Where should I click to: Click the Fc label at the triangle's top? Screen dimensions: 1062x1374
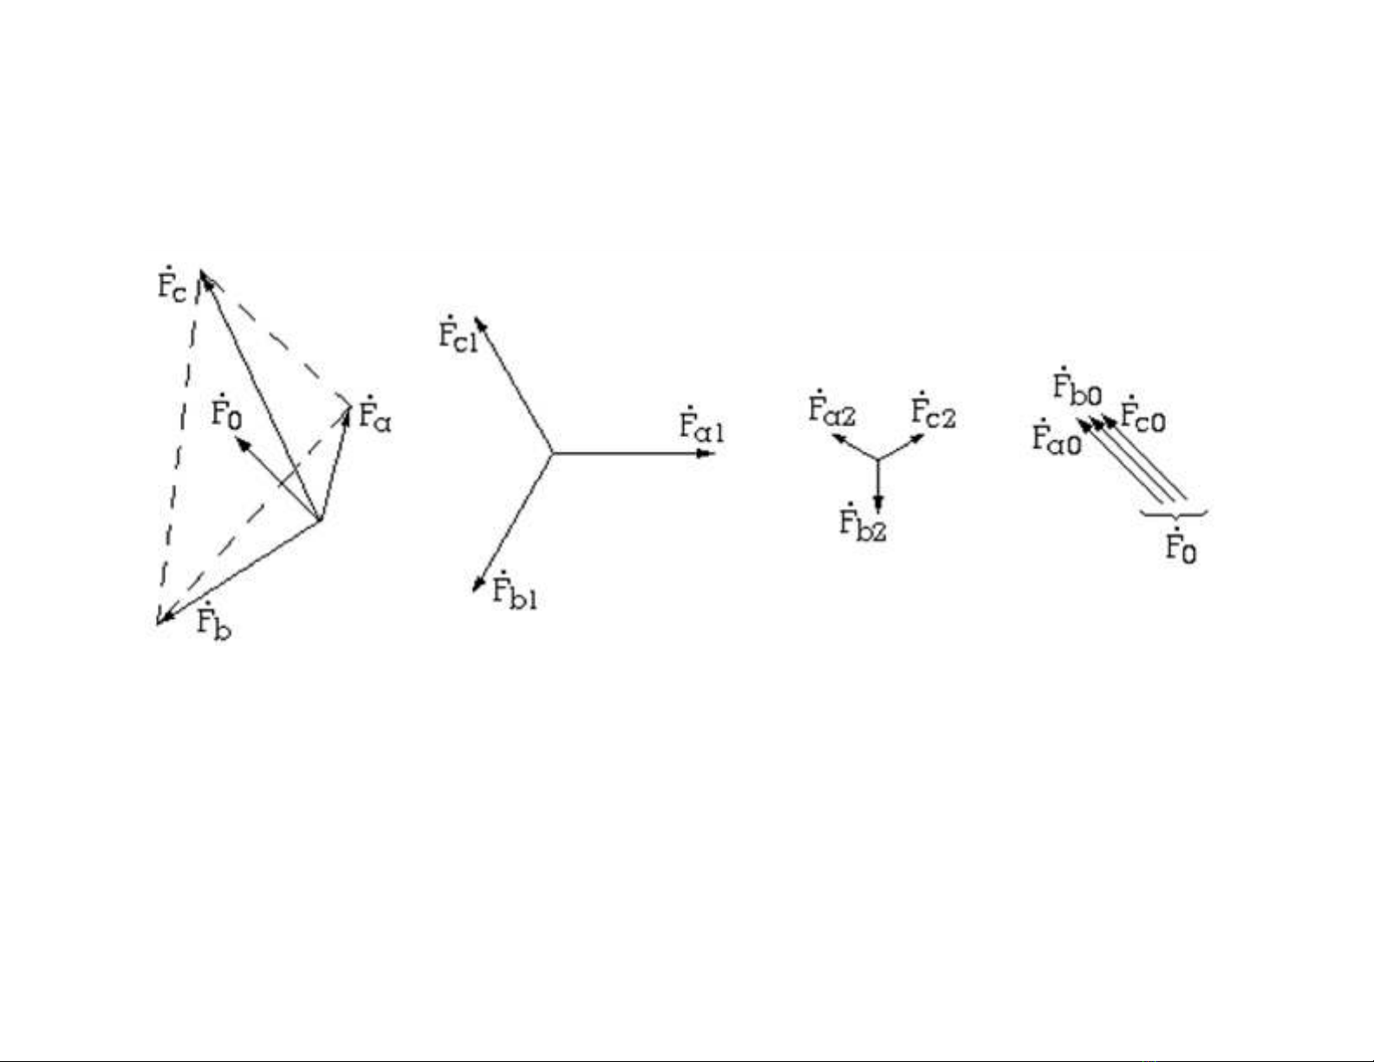click(172, 285)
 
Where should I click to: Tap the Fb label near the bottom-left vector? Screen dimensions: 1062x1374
click(213, 622)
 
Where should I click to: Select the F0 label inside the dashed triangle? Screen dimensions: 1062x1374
click(226, 414)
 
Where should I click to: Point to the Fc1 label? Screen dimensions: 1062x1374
click(457, 335)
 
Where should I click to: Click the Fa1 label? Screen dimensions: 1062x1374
click(701, 427)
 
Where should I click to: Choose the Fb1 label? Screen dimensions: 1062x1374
click(514, 593)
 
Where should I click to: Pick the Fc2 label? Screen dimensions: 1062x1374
click(933, 414)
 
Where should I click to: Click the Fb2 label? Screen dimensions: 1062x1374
click(863, 524)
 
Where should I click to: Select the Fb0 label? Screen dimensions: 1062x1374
click(1077, 388)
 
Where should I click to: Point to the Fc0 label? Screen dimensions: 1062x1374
click(1143, 417)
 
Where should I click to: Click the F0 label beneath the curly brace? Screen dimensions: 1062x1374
click(1180, 546)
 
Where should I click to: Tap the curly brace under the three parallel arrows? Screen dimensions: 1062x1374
click(1175, 515)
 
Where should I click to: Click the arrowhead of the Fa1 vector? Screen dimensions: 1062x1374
click(705, 453)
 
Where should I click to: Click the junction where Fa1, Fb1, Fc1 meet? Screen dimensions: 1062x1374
click(552, 453)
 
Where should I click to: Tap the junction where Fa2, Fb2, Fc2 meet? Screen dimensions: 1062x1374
click(879, 458)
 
